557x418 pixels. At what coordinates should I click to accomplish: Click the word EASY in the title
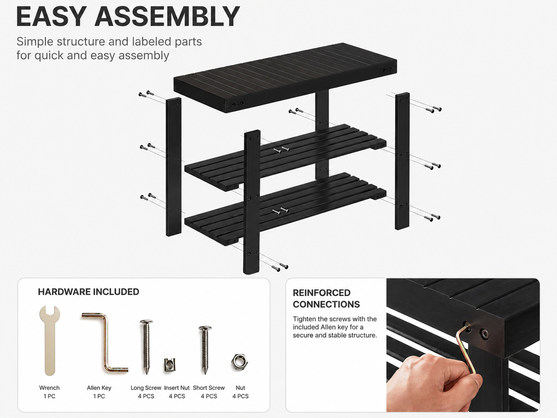(x=50, y=17)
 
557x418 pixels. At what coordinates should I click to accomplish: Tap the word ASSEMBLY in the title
(x=167, y=17)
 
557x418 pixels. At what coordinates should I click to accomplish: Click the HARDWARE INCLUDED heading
(x=89, y=292)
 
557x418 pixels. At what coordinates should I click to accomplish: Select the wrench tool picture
(x=50, y=340)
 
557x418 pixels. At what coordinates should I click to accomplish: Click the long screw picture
(x=146, y=346)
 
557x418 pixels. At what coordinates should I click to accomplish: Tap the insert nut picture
(x=169, y=365)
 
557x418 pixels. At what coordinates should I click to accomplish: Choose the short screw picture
(x=205, y=350)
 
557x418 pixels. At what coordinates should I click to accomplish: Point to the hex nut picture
(x=240, y=361)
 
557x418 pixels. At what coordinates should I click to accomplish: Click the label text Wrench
(x=49, y=388)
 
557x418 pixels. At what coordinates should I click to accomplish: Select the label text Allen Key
(x=99, y=388)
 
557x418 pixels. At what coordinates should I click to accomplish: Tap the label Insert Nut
(x=177, y=388)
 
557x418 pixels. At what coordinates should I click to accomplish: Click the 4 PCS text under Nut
(x=240, y=396)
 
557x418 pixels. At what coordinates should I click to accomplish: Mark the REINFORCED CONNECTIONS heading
(x=326, y=299)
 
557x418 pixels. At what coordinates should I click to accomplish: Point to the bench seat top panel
(x=285, y=78)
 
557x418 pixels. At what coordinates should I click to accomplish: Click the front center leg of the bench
(x=252, y=202)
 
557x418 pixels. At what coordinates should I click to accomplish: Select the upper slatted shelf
(x=285, y=157)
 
